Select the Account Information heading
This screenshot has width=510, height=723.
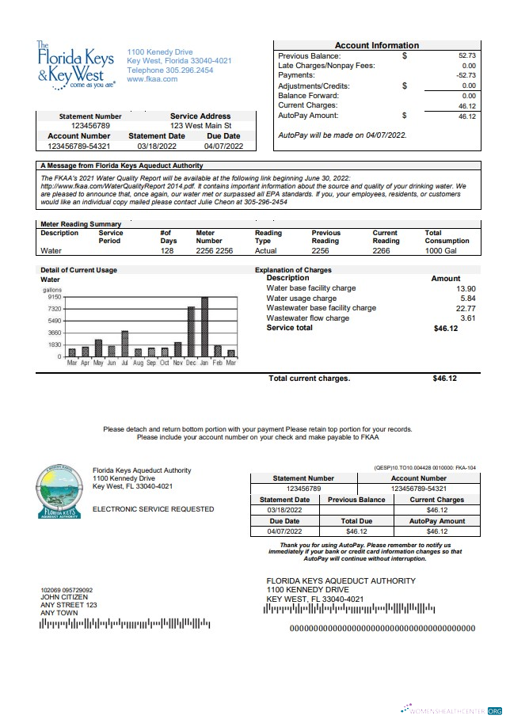pos(376,45)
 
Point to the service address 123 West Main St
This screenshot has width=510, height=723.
pos(200,125)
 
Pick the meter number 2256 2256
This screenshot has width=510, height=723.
pos(214,250)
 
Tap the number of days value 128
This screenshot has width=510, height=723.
pos(166,250)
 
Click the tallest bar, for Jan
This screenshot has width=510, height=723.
pos(204,326)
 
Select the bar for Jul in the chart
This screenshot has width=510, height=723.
pos(124,344)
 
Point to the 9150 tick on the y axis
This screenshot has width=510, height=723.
pos(54,297)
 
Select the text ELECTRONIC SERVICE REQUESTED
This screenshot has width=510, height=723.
pos(153,509)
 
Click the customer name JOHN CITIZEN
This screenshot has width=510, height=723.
pos(63,597)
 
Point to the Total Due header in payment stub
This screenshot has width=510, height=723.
pos(356,522)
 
